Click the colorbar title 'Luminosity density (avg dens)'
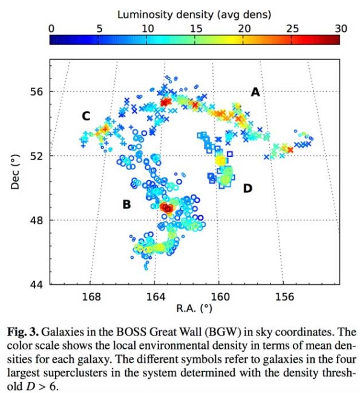click(x=194, y=15)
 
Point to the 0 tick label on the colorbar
click(x=51, y=29)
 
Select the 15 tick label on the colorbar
click(x=196, y=29)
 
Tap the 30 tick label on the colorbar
click(x=341, y=29)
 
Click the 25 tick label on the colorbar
click(x=292, y=29)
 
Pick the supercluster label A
click(x=255, y=93)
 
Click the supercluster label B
click(x=126, y=204)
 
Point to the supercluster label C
click(x=86, y=116)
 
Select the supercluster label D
click(x=247, y=188)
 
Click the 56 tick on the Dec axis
click(x=37, y=92)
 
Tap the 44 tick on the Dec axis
click(x=37, y=285)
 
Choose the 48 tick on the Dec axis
click(x=37, y=220)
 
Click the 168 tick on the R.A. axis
click(x=91, y=297)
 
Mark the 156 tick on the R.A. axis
click(x=284, y=297)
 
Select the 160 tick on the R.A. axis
click(x=220, y=297)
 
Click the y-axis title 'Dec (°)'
click(x=15, y=172)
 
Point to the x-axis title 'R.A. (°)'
click(x=194, y=308)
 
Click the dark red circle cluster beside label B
click(x=166, y=207)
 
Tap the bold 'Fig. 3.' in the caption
click(x=23, y=332)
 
